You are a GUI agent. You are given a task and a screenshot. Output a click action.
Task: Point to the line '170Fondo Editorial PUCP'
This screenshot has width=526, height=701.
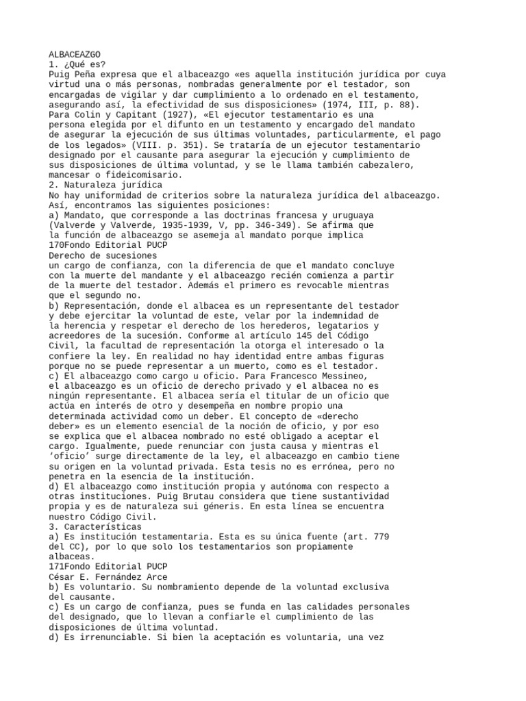(x=108, y=244)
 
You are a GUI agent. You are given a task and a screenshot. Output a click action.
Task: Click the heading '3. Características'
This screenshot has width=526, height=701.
(x=95, y=526)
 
